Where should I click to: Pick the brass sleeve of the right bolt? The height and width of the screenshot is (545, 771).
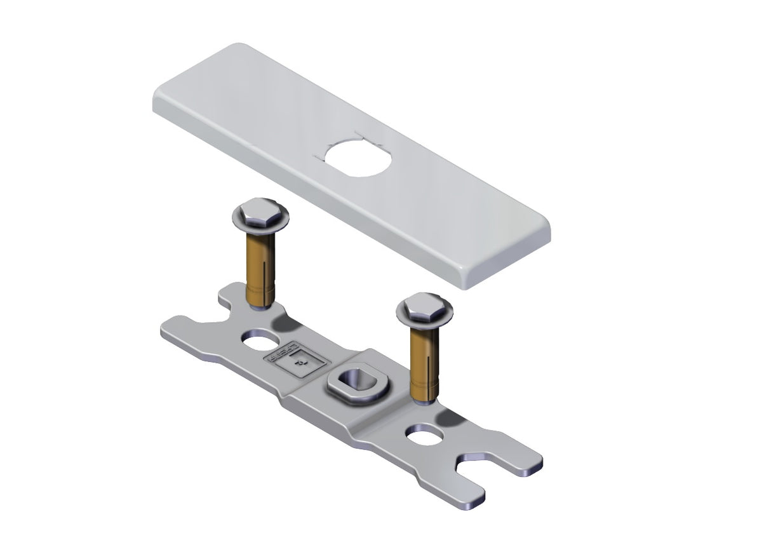[424, 362]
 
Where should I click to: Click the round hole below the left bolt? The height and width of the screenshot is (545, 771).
[257, 342]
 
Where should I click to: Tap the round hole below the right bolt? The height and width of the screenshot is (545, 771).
[424, 436]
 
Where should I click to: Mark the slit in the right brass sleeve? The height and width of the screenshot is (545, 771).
[427, 368]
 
